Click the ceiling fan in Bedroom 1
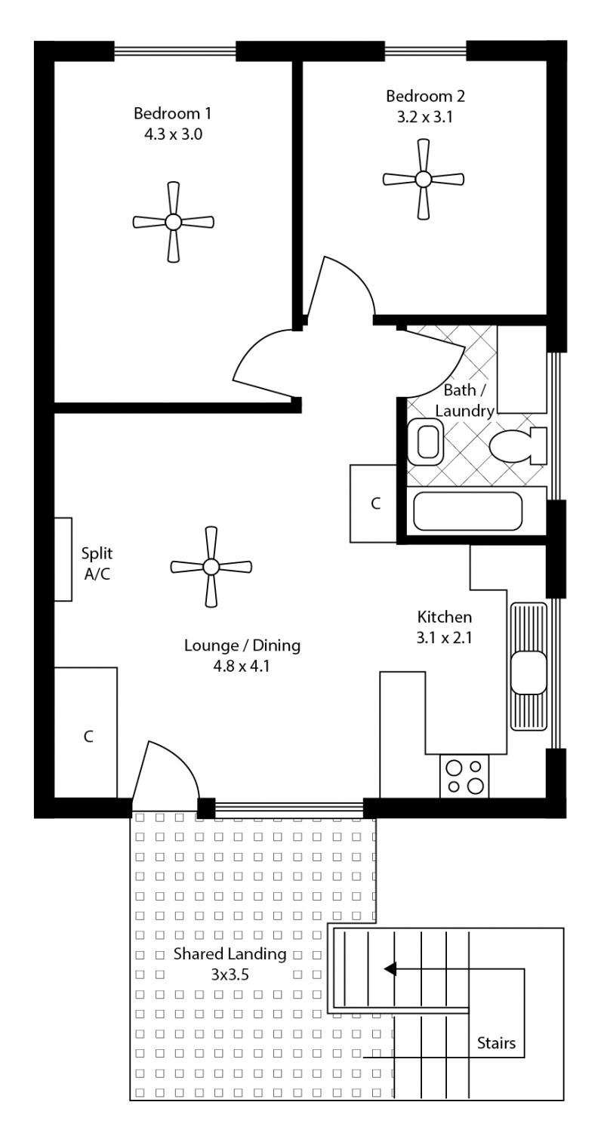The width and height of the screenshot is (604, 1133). pyautogui.click(x=174, y=222)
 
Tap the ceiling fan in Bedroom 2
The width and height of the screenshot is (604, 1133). pyautogui.click(x=424, y=179)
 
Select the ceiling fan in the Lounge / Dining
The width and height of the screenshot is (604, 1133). pyautogui.click(x=211, y=567)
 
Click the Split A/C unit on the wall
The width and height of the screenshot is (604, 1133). pyautogui.click(x=63, y=559)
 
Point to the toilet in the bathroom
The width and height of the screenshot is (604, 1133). pyautogui.click(x=518, y=446)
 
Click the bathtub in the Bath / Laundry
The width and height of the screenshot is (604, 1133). pyautogui.click(x=467, y=511)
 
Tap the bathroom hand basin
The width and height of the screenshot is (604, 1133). pyautogui.click(x=426, y=442)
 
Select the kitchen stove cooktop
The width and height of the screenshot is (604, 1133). pyautogui.click(x=464, y=776)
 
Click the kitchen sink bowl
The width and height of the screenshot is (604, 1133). pyautogui.click(x=528, y=673)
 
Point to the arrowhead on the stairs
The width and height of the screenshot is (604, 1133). pyautogui.click(x=390, y=969)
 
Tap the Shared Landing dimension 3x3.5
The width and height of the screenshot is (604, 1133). pyautogui.click(x=230, y=974)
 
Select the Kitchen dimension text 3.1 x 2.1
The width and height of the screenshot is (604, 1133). pyautogui.click(x=444, y=638)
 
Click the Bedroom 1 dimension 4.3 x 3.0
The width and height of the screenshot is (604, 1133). pyautogui.click(x=174, y=134)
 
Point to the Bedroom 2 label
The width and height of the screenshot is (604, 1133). pyautogui.click(x=425, y=96)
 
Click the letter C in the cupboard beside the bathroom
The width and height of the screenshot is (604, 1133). pyautogui.click(x=375, y=503)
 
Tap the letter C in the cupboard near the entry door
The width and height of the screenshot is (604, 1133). pyautogui.click(x=88, y=737)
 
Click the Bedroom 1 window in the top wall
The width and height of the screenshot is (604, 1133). pyautogui.click(x=175, y=51)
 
